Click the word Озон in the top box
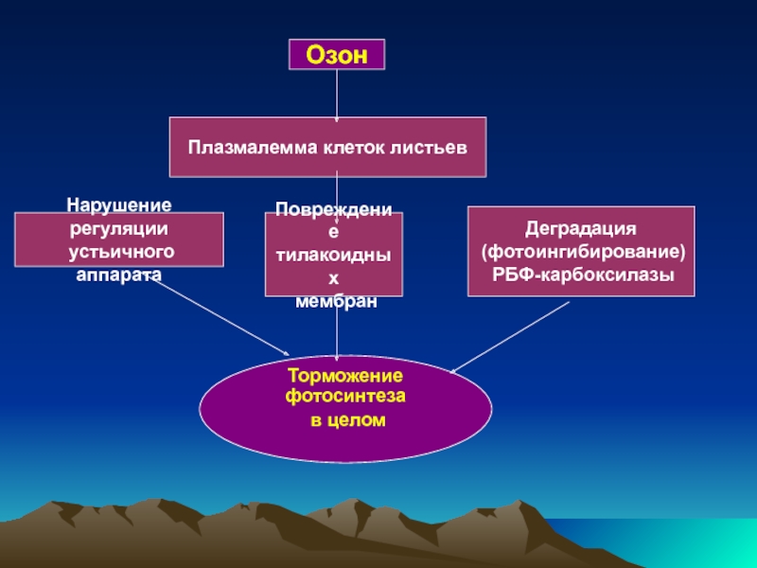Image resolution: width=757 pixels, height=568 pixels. pos(336,55)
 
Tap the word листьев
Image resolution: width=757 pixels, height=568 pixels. pos(434,148)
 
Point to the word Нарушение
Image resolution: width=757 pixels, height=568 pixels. pos(118,204)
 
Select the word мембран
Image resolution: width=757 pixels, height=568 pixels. pos(336,301)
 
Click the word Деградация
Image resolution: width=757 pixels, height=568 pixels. pos(582,230)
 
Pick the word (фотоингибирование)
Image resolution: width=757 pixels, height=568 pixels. pos(582,253)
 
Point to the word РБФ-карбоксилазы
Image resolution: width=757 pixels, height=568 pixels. pos(582,275)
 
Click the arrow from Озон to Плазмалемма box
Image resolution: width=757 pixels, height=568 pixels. pos(337,95)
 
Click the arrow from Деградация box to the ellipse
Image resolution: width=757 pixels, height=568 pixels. pos(511,336)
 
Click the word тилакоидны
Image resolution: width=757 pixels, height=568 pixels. pos(336,256)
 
